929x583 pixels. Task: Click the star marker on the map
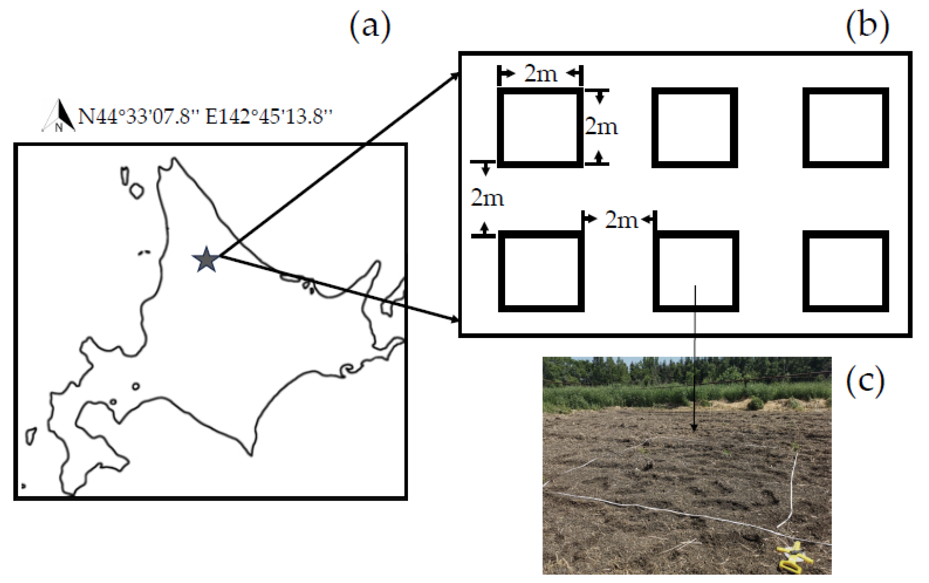click(x=206, y=260)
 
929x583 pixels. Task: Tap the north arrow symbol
click(x=59, y=116)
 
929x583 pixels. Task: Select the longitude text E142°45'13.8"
click(x=269, y=116)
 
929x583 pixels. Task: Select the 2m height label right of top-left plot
click(x=601, y=126)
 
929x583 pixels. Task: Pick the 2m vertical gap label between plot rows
click(x=487, y=198)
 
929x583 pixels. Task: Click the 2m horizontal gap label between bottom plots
click(x=621, y=220)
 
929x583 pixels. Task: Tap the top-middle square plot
click(x=694, y=128)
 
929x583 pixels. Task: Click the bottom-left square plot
click(x=541, y=271)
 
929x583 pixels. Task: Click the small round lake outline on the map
click(x=135, y=386)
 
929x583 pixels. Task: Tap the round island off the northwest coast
click(x=137, y=191)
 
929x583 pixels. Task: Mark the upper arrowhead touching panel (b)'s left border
click(x=456, y=76)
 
